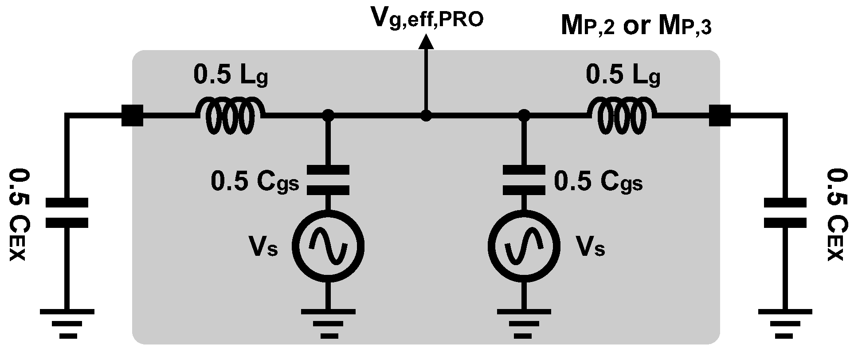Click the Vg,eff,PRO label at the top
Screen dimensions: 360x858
pyautogui.click(x=427, y=19)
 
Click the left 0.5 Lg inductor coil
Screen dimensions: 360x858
pyautogui.click(x=230, y=116)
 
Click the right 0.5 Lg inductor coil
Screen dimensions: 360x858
pyautogui.click(x=622, y=116)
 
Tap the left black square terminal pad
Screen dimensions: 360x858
pyautogui.click(x=132, y=116)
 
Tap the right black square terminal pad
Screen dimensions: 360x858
pyautogui.click(x=720, y=116)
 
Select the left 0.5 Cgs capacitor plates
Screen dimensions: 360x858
pyautogui.click(x=328, y=180)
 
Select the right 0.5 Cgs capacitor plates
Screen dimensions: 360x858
pyautogui.click(x=524, y=180)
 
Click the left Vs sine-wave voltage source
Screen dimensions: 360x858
pyautogui.click(x=328, y=247)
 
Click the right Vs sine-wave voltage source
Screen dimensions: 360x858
pyautogui.click(x=524, y=247)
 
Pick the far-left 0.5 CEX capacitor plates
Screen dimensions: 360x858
pyautogui.click(x=67, y=213)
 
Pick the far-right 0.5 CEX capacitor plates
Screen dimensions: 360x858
pyautogui.click(x=785, y=213)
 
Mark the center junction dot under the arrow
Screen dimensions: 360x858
pyautogui.click(x=426, y=116)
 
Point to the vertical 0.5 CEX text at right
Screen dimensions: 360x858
pyautogui.click(x=838, y=214)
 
